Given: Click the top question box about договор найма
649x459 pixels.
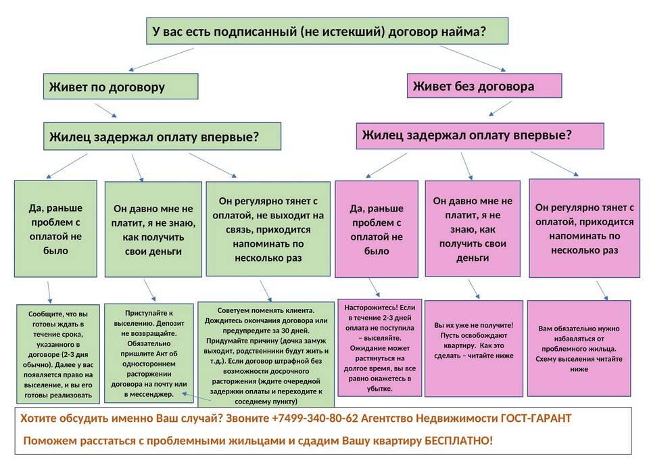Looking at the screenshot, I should tap(327, 31).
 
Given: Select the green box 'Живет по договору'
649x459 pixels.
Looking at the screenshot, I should tap(120, 87).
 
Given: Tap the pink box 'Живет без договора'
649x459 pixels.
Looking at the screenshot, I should tap(485, 86).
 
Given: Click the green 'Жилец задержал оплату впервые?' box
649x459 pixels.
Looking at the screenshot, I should tap(162, 137).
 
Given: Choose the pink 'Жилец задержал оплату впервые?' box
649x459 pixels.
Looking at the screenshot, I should tap(480, 135).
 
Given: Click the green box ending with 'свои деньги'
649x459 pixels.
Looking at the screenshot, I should tap(153, 229).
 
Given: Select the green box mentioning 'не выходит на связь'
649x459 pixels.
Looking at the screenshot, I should tap(268, 229).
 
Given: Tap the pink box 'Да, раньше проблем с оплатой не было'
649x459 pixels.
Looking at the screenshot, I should tap(377, 229).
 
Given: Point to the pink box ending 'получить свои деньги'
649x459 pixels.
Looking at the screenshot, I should tap(473, 228).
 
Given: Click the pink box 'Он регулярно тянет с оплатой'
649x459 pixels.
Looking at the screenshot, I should tap(584, 228).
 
